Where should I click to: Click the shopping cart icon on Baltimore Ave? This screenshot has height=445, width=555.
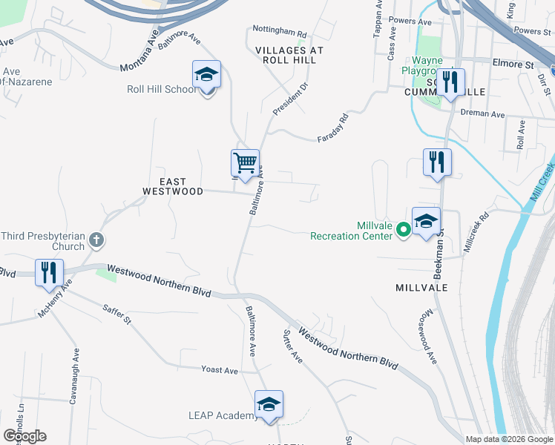pyautogui.click(x=246, y=162)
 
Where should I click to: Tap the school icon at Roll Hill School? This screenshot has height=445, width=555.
pyautogui.click(x=207, y=76)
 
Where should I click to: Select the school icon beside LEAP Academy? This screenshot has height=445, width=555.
pyautogui.click(x=269, y=405)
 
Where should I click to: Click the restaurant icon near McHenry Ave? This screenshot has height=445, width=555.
pyautogui.click(x=49, y=272)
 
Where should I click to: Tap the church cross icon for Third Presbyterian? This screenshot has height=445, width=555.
pyautogui.click(x=96, y=240)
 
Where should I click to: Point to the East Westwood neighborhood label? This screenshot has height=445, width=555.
pyautogui.click(x=172, y=186)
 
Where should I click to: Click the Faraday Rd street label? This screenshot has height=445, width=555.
pyautogui.click(x=333, y=128)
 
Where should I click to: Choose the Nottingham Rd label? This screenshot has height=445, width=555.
pyautogui.click(x=279, y=34)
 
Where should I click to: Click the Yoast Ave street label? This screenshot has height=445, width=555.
pyautogui.click(x=220, y=369)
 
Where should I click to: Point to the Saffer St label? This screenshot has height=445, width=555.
pyautogui.click(x=117, y=314)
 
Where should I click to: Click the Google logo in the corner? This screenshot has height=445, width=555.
pyautogui.click(x=24, y=436)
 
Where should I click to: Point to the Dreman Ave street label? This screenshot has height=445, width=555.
pyautogui.click(x=482, y=115)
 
